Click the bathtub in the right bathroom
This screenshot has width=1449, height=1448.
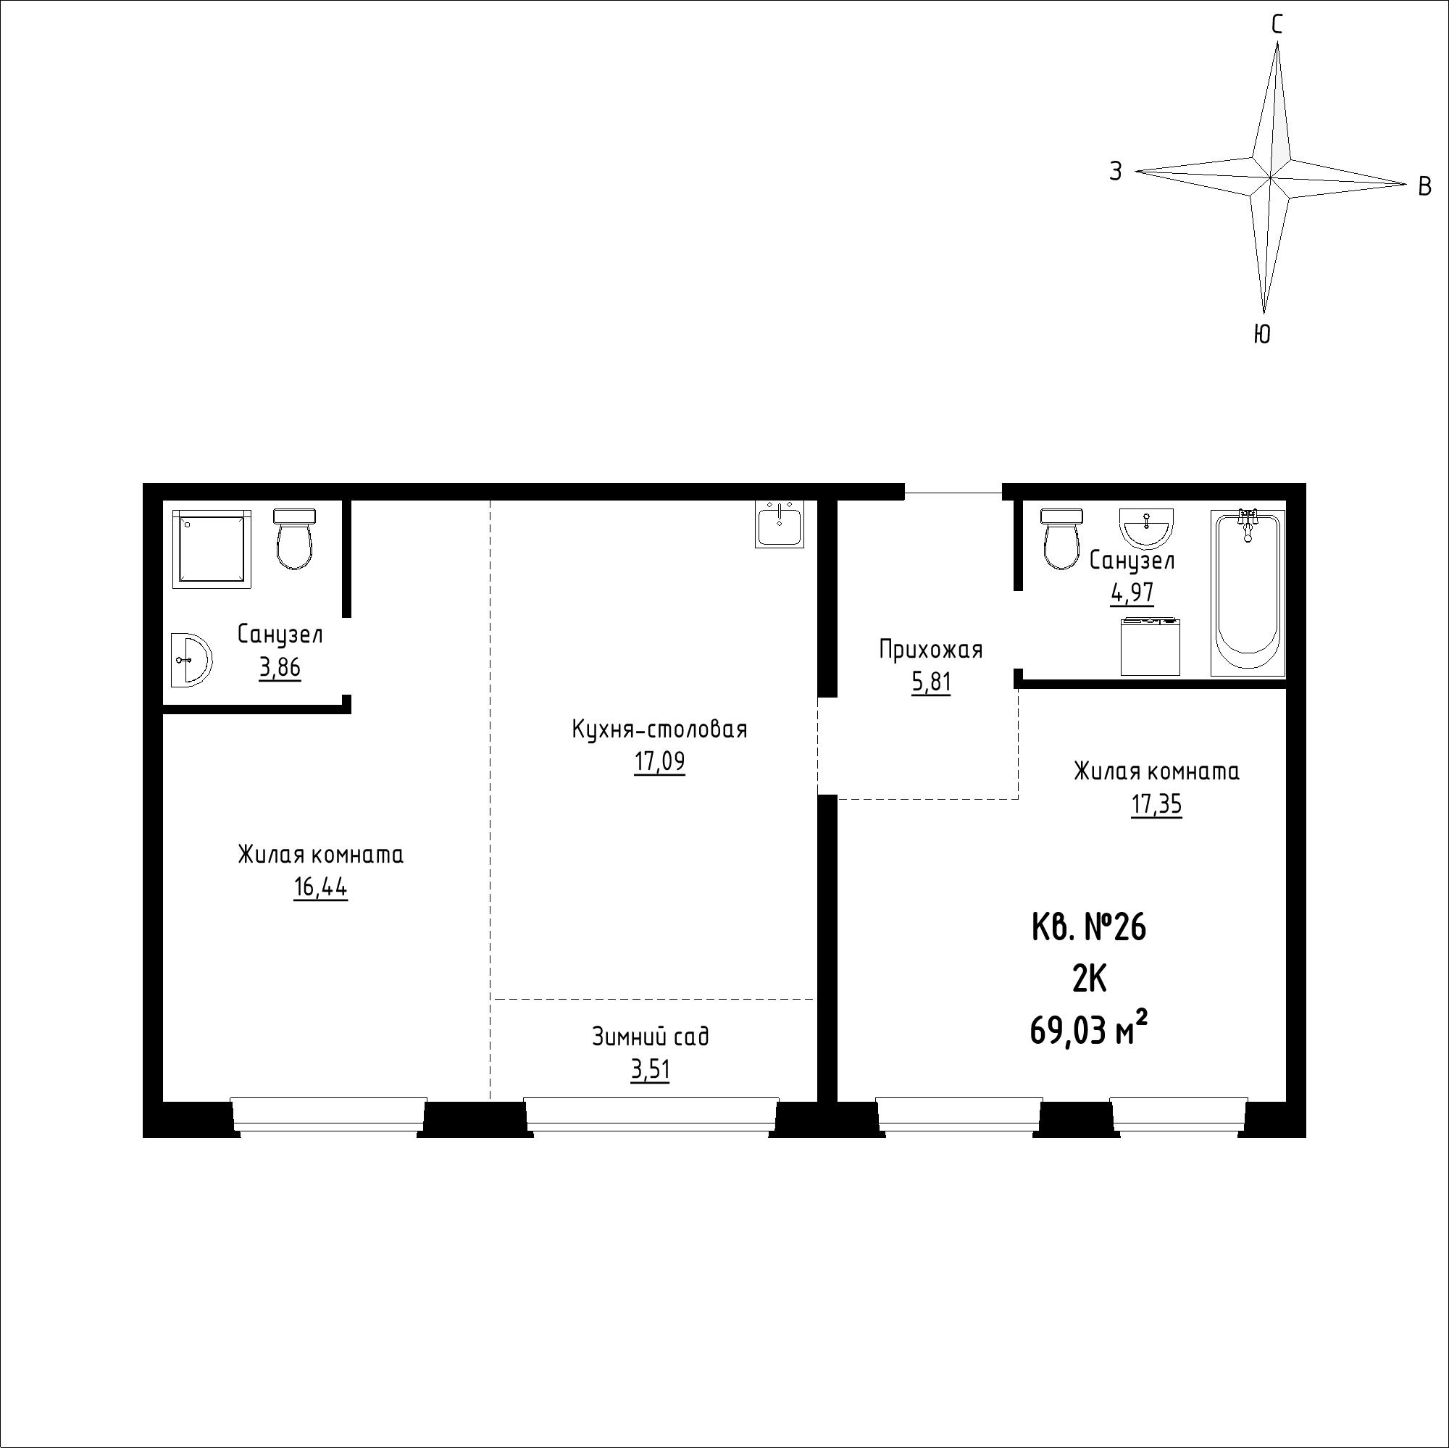click(1248, 593)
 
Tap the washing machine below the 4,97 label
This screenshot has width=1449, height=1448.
click(1151, 646)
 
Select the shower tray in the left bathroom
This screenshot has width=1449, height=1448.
click(212, 548)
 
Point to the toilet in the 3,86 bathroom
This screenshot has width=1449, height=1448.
click(294, 538)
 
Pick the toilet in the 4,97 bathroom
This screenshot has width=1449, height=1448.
click(1062, 537)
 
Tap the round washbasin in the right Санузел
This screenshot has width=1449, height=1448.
click(1147, 527)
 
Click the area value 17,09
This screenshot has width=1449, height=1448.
click(659, 763)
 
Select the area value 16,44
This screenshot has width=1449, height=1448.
click(320, 888)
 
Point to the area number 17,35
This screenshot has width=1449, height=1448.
click(1156, 805)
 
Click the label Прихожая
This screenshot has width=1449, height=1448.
click(931, 648)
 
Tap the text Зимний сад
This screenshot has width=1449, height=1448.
click(651, 1037)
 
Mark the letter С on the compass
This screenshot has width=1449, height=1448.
click(1277, 25)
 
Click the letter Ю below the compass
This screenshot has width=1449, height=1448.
click(1262, 334)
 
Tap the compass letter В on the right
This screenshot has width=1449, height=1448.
click(1425, 186)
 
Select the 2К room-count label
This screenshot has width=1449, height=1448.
click(1089, 980)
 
